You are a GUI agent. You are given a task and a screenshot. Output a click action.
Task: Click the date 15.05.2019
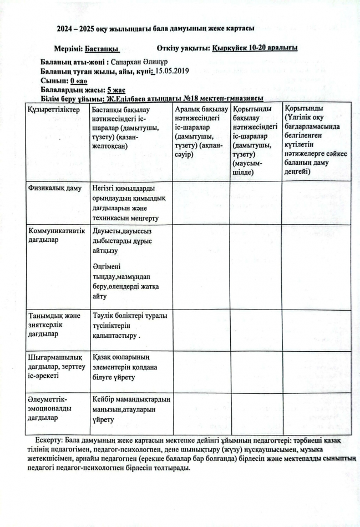click(173, 72)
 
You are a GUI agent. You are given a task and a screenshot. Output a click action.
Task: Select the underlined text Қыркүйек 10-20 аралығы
click(255, 48)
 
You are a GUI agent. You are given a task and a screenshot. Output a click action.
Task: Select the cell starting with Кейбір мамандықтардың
click(131, 409)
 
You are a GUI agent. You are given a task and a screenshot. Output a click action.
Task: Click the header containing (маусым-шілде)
click(255, 141)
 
